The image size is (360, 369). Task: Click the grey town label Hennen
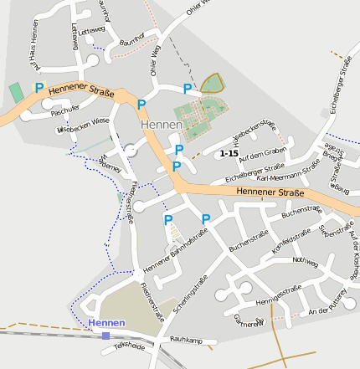coord(162,125)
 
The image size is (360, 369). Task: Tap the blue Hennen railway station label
coord(105,322)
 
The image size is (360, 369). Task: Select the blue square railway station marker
coord(105,336)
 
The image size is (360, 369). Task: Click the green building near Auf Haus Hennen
coord(16,90)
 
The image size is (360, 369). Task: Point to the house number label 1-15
coord(228,154)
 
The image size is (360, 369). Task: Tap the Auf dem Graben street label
coord(263,153)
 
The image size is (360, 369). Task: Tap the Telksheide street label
coord(130,345)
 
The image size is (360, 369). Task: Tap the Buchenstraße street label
coord(301,213)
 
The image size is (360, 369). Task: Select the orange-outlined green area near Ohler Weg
coord(213,83)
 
